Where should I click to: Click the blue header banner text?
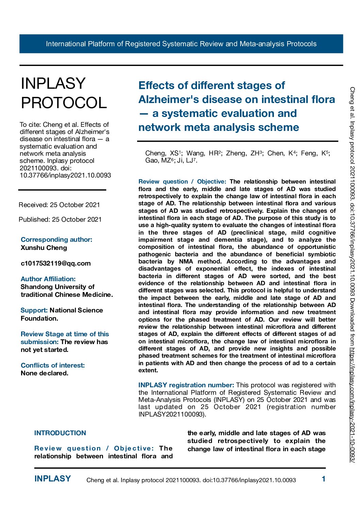tap(181, 44)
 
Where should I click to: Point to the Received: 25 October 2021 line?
tap(59, 205)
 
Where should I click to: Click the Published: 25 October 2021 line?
tap(60, 219)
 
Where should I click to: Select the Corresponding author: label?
tap(56, 239)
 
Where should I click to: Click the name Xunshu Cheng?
tap(44, 248)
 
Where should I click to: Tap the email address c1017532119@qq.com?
tap(56, 263)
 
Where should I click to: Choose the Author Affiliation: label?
tap(48, 279)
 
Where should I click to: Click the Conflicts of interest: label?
tap(53, 365)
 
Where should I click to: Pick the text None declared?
tap(45, 373)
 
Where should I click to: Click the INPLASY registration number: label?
tap(186, 385)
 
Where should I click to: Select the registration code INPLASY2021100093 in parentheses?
tap(171, 414)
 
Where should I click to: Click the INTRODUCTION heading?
tap(60, 433)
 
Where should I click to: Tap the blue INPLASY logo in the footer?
tap(53, 479)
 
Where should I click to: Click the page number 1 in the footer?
tap(324, 479)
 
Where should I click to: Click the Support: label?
tap(34, 310)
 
